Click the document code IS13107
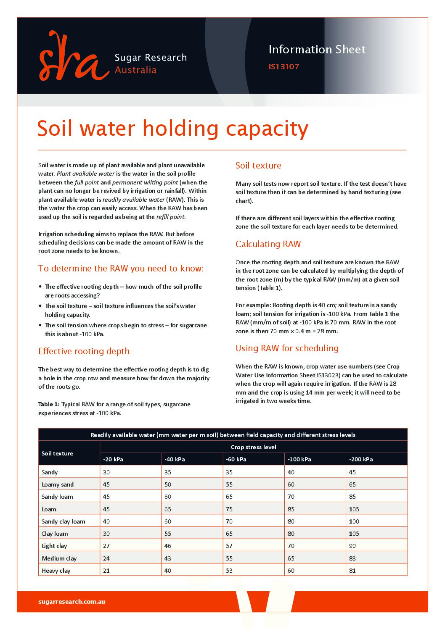click(283, 67)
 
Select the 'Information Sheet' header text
click(317, 50)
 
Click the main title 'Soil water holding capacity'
click(172, 129)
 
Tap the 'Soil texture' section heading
click(258, 166)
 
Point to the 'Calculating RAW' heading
click(268, 244)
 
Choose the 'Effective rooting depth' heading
click(84, 351)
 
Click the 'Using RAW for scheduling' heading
click(287, 348)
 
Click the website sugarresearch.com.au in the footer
click(72, 602)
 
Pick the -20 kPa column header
click(113, 459)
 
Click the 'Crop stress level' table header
click(253, 447)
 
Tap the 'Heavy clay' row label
click(56, 571)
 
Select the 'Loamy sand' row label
click(58, 484)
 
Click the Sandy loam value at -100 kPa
click(291, 497)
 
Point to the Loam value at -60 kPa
click(229, 509)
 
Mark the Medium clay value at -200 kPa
click(352, 558)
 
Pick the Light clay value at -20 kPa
click(106, 546)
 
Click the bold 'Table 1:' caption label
click(49, 405)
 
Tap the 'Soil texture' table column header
click(57, 453)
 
